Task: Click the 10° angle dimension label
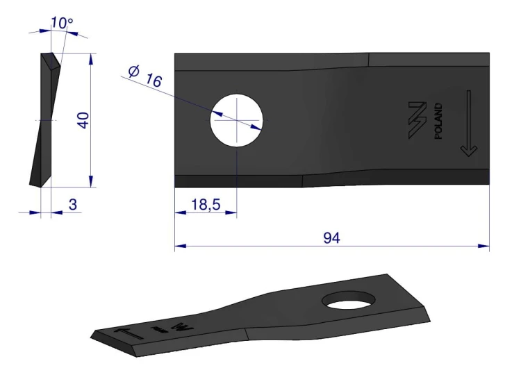(62, 23)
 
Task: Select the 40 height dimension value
(83, 120)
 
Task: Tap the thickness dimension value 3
(73, 204)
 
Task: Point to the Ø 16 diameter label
(145, 76)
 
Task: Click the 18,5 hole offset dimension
(206, 205)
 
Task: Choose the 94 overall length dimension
(331, 238)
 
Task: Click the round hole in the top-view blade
(237, 120)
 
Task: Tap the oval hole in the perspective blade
(349, 300)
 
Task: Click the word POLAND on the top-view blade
(438, 121)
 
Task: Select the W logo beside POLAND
(417, 120)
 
